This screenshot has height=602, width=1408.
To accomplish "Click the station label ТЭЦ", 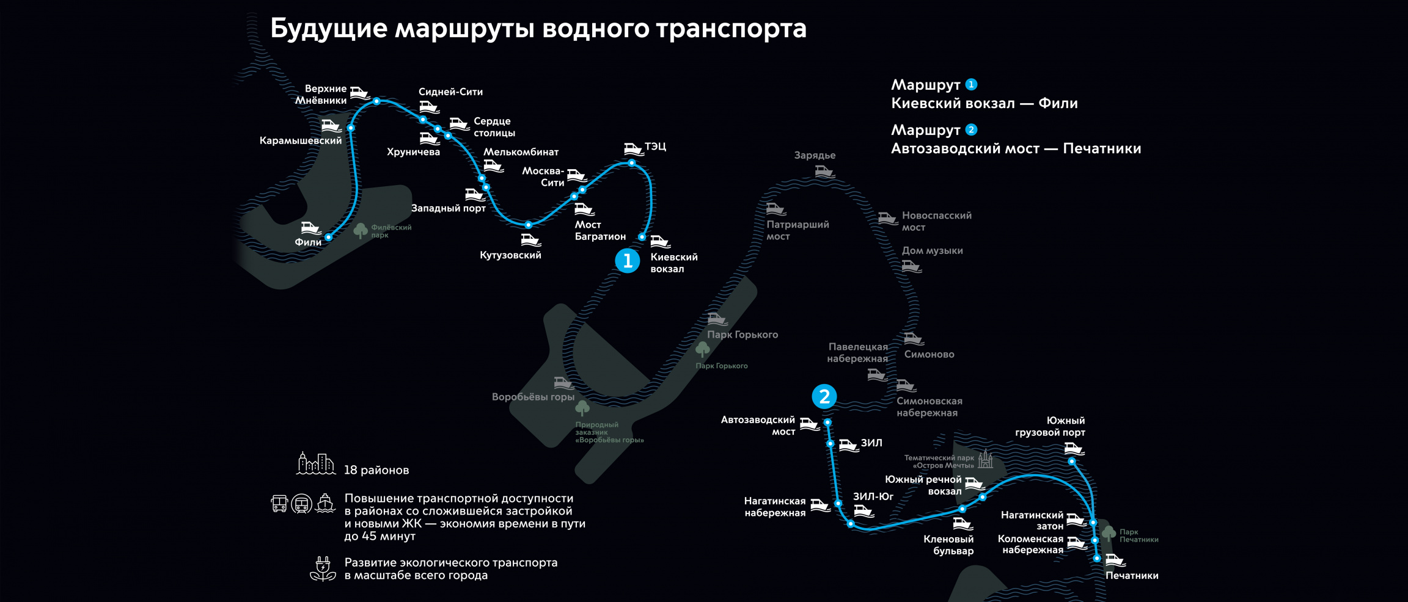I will (655, 147).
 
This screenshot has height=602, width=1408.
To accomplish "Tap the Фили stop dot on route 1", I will (329, 237).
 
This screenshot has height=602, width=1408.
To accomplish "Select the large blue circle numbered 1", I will (627, 261).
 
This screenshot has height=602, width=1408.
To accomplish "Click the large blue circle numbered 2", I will (824, 396).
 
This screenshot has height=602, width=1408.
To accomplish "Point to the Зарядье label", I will (815, 155).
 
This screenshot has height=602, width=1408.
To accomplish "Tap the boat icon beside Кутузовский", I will (530, 240).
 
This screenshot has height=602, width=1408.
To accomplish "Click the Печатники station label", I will (1132, 576).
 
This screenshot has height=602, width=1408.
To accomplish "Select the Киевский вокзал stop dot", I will (642, 237).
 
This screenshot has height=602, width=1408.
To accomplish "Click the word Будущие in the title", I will (329, 29).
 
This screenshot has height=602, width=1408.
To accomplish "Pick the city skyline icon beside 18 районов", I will (315, 464).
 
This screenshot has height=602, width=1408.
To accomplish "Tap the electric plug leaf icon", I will (323, 568).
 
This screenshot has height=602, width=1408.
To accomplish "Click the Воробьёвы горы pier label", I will (533, 397).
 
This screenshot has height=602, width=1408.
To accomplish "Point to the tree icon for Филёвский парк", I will (361, 230).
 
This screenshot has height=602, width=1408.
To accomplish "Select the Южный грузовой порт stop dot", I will (1071, 462).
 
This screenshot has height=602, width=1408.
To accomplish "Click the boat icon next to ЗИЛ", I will (848, 445).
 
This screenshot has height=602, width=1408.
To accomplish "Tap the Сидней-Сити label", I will (450, 92).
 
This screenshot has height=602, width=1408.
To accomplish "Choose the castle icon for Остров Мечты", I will (985, 459).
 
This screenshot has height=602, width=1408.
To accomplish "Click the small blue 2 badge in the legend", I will (971, 129).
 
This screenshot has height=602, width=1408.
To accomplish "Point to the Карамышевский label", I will (301, 140).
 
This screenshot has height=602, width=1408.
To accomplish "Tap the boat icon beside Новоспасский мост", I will (887, 218).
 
